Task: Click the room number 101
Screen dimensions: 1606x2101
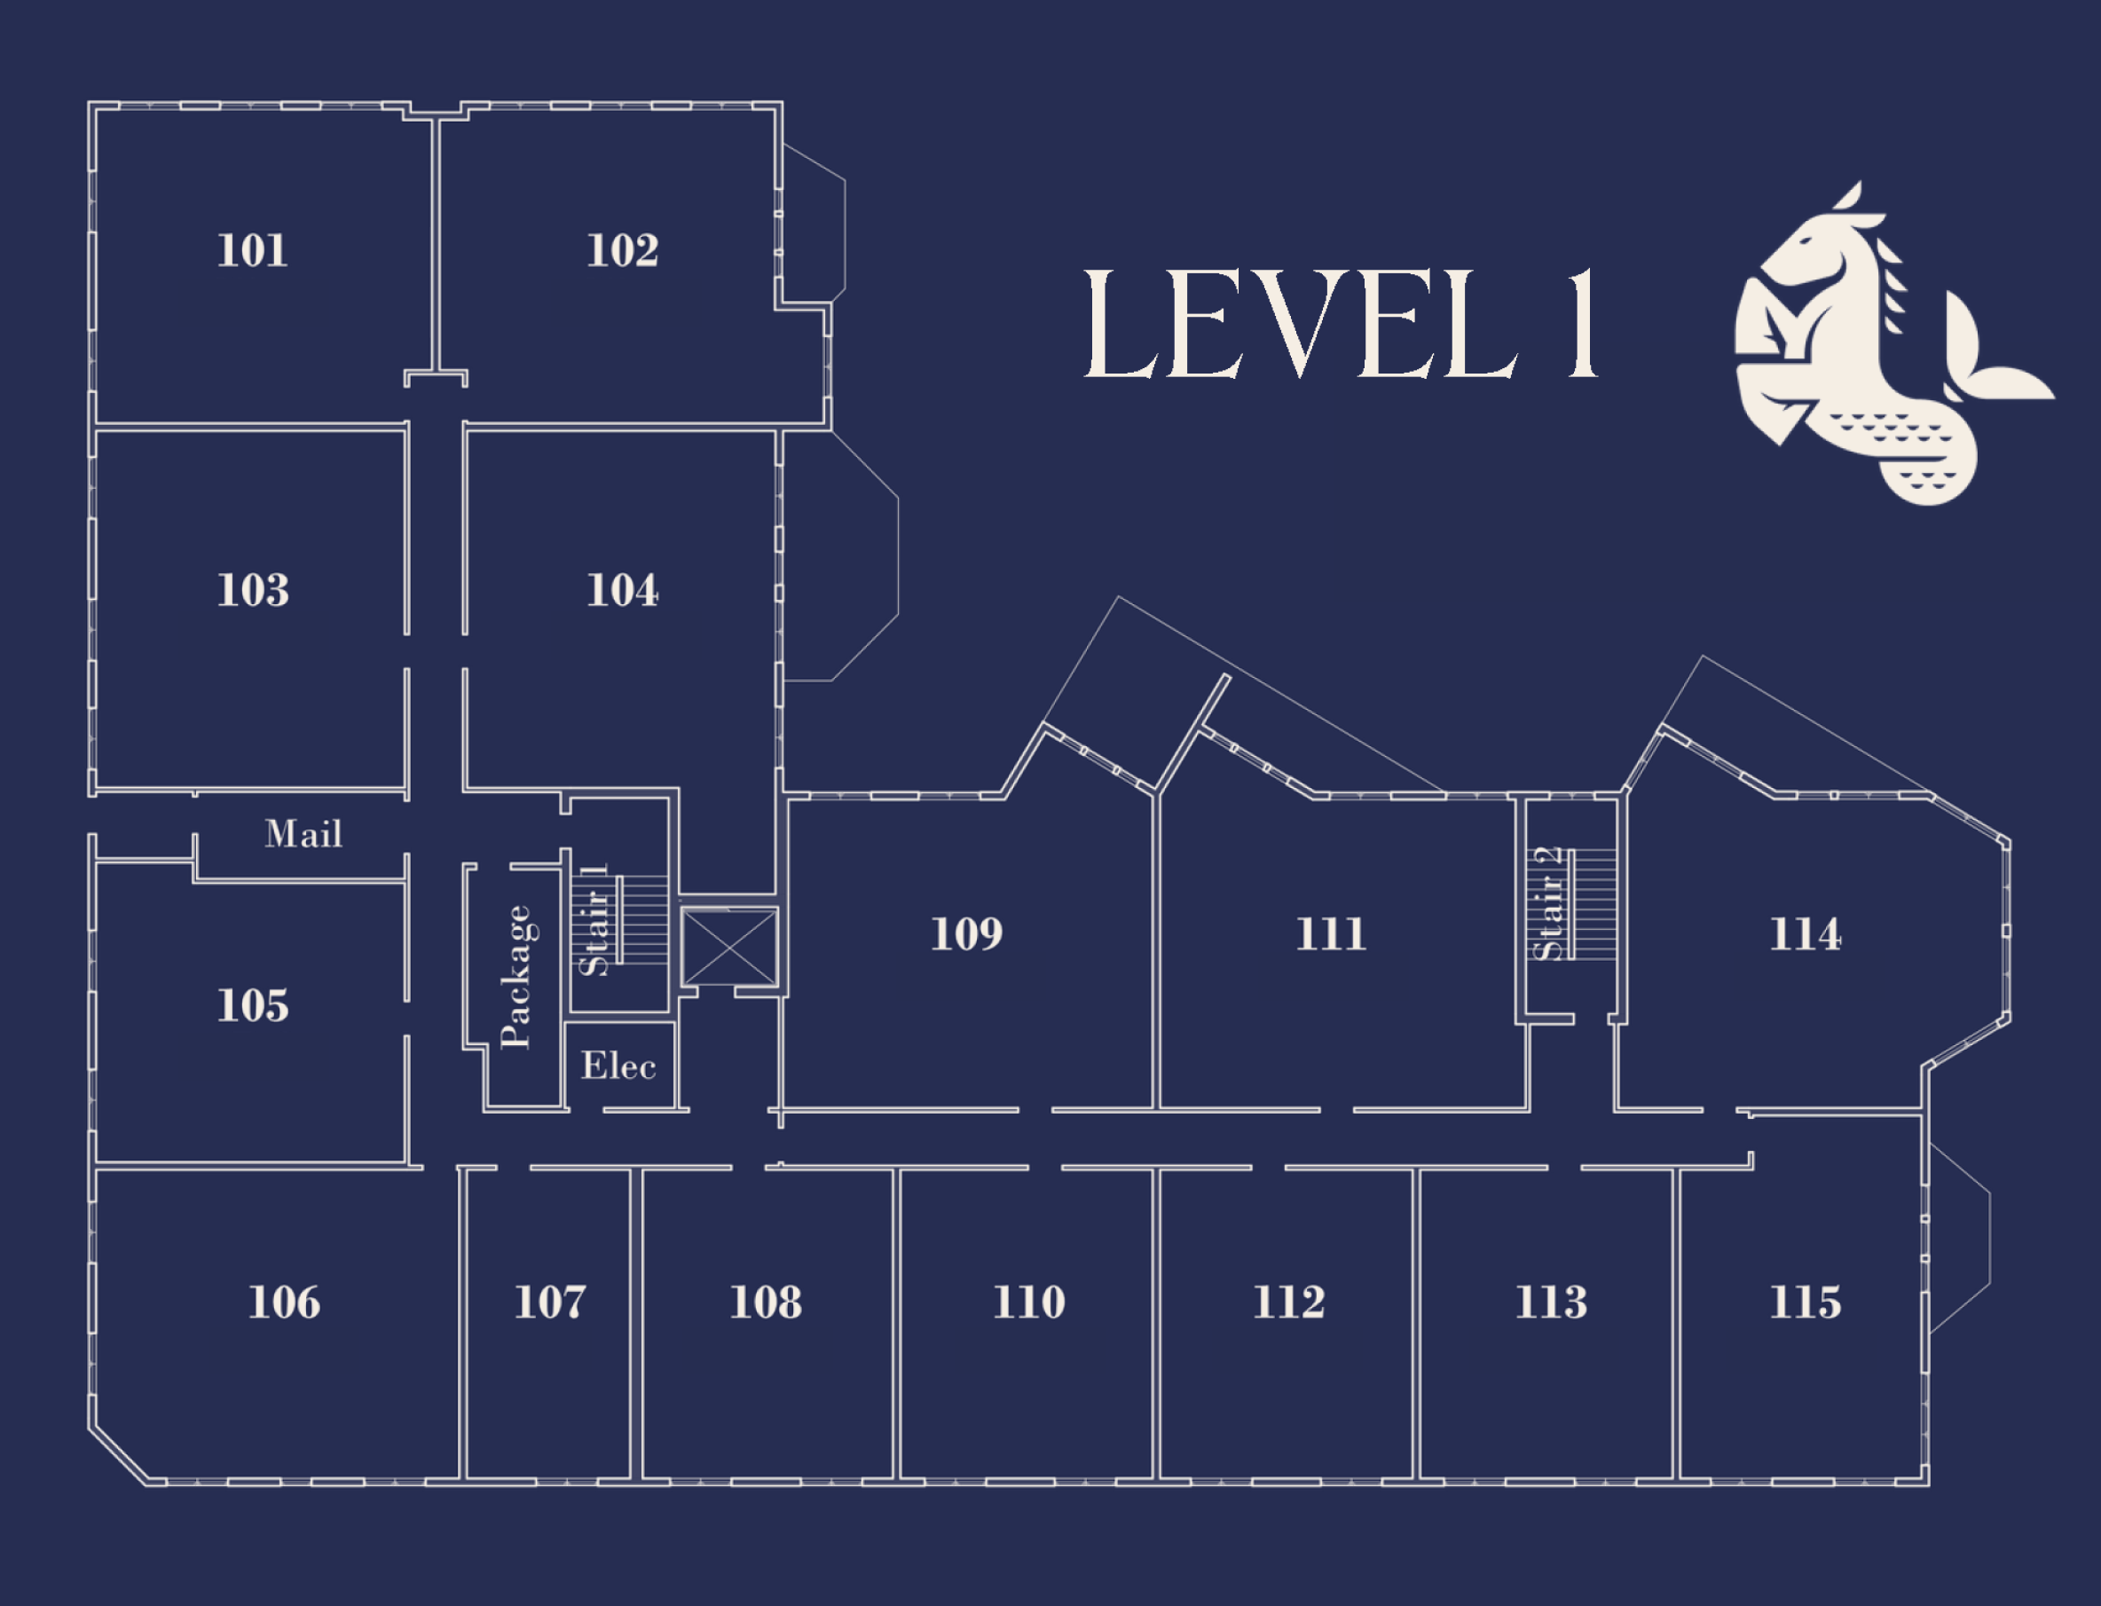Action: tap(252, 251)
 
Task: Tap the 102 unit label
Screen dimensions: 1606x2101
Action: tap(622, 251)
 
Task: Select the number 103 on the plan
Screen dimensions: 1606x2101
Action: tap(252, 591)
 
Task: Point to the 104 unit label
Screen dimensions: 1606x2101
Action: tap(622, 591)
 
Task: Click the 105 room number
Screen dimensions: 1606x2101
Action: tap(252, 1005)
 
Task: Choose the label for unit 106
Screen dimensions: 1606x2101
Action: tap(284, 1302)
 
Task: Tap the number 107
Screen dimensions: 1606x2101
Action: tap(549, 1302)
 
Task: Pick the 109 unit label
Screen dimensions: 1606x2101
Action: tap(966, 934)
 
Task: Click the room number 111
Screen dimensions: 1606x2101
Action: tap(1331, 934)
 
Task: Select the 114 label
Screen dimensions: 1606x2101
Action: tap(1805, 934)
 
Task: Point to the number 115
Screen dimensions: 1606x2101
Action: tap(1805, 1302)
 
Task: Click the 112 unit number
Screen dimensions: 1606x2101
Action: tap(1288, 1302)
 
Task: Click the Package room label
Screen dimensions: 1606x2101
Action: tap(516, 977)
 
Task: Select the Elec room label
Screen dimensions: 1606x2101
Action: tap(618, 1066)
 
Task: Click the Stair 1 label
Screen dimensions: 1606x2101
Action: tap(594, 919)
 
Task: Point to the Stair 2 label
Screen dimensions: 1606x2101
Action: tap(1546, 903)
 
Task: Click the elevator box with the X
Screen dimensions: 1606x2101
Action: tap(729, 948)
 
